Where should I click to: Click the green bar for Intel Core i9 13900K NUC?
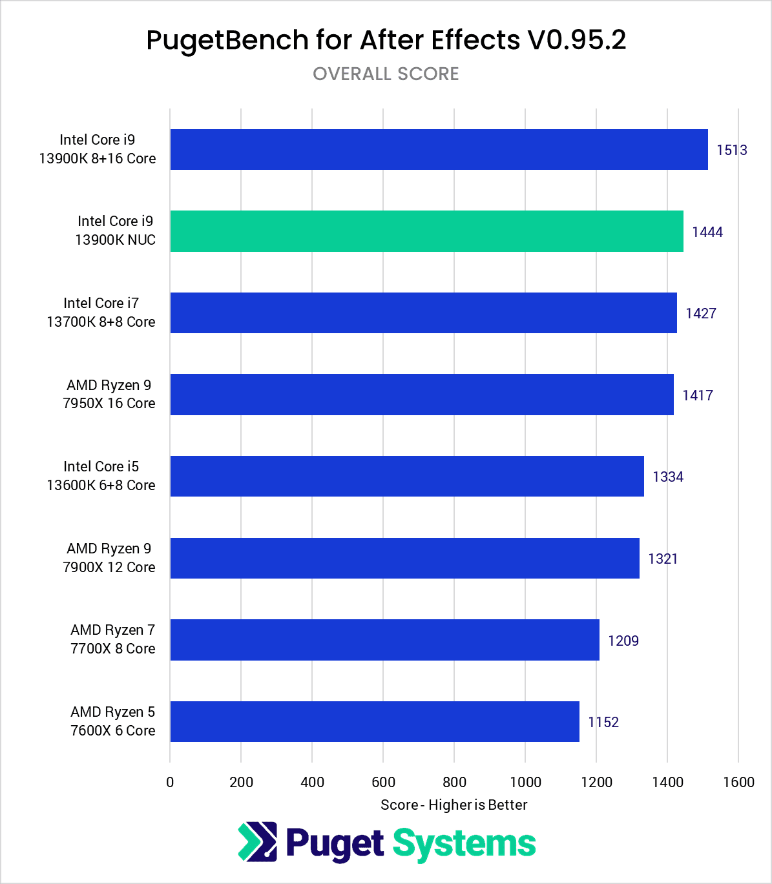tap(426, 231)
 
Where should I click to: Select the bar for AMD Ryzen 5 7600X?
tap(375, 721)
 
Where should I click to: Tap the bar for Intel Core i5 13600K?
tap(407, 476)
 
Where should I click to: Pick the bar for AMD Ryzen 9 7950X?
tap(422, 395)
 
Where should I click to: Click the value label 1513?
tap(732, 150)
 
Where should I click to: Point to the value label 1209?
tap(623, 641)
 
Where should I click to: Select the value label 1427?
tap(701, 313)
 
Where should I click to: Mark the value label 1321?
tap(663, 559)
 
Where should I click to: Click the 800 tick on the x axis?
tap(454, 782)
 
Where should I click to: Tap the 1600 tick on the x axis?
tap(738, 782)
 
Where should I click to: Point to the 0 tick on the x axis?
tap(170, 782)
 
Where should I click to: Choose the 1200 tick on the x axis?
tap(596, 782)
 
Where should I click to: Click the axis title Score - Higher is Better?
tap(454, 805)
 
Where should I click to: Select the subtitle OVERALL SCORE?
tap(386, 74)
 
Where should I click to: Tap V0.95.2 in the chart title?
tap(577, 40)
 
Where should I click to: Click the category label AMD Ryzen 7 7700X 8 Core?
tap(113, 639)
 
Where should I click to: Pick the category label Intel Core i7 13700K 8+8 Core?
tap(101, 313)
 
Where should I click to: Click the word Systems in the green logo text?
tap(464, 844)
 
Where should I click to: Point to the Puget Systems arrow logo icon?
tap(258, 842)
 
